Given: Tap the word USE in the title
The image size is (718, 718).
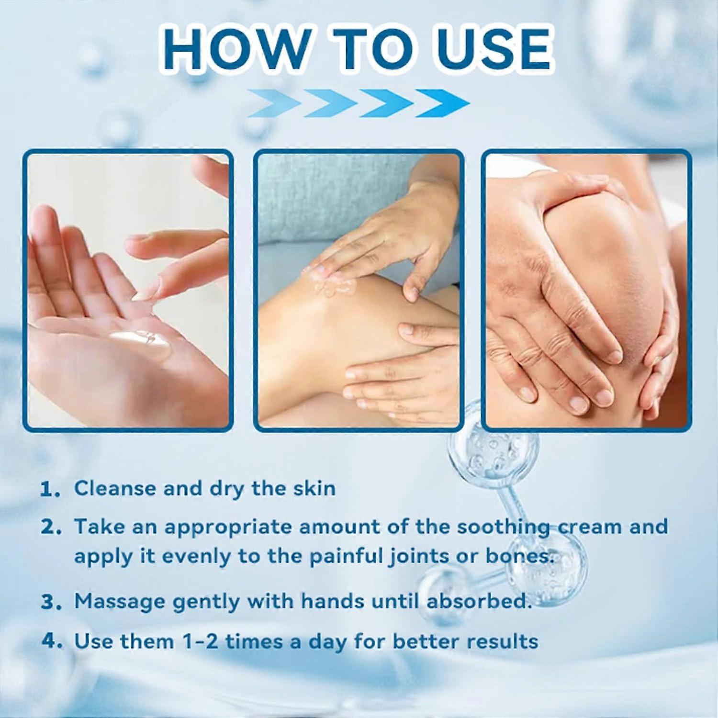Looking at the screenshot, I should (x=493, y=49).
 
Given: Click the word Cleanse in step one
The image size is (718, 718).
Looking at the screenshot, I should (x=115, y=488).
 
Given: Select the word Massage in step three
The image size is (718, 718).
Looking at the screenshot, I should (x=120, y=602).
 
